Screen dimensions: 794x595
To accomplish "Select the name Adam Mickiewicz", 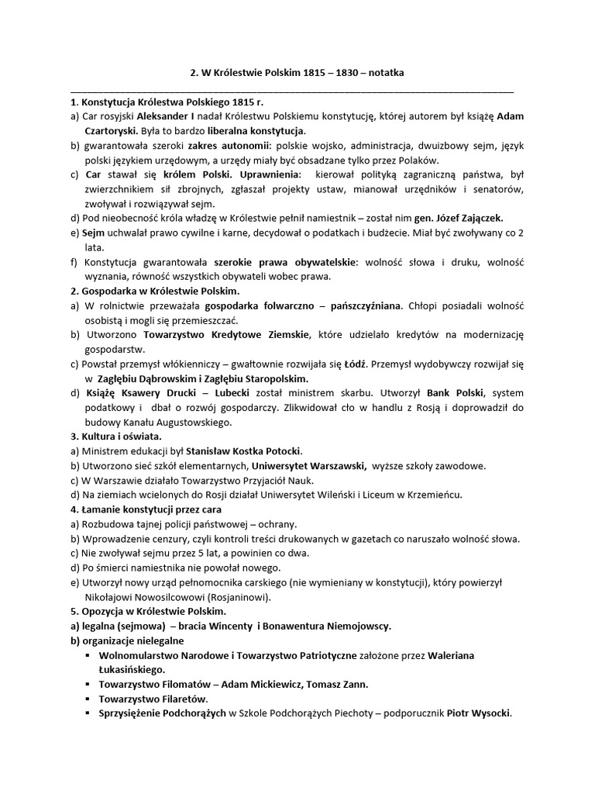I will point(256,684).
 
